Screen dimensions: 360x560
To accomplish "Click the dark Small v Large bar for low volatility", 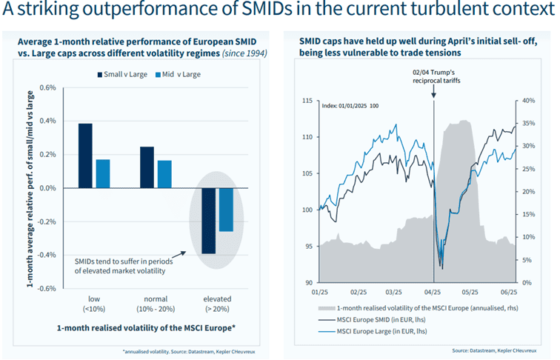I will coord(85,156).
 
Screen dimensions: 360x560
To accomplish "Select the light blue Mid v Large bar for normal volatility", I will coord(164,174).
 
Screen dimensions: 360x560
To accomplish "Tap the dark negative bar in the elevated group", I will coord(208,221).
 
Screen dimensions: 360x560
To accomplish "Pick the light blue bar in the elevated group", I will coord(226,210).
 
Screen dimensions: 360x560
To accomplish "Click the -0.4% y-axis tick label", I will coord(45,255).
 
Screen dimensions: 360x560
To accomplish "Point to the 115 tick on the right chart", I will coord(307,101).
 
